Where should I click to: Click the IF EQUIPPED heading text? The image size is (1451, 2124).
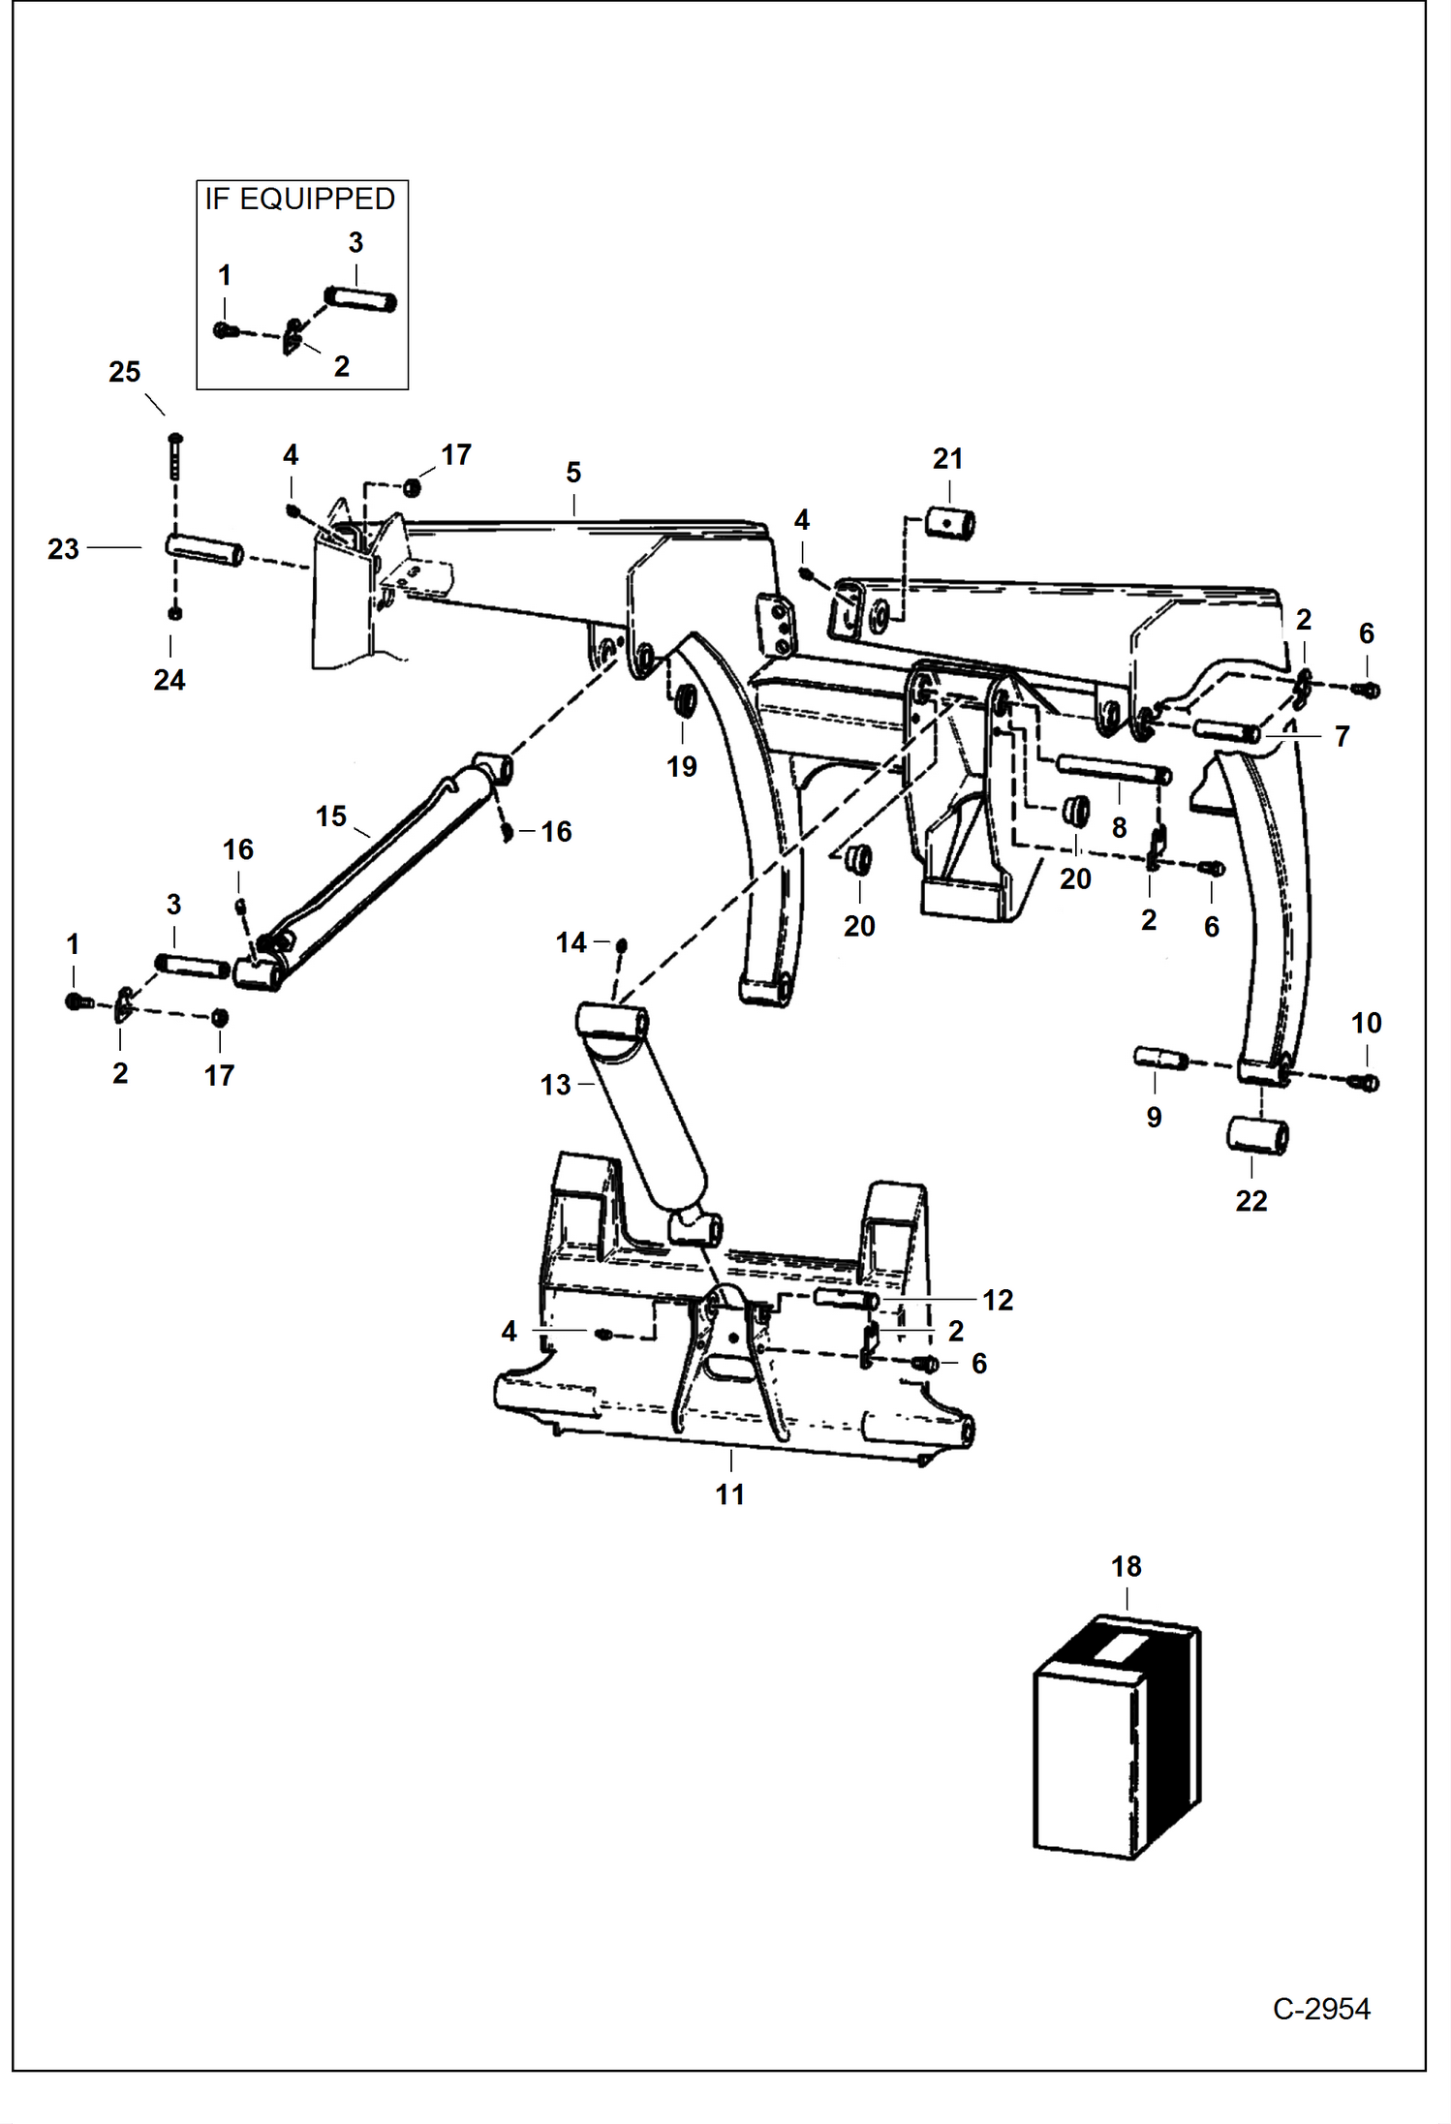pos(299,200)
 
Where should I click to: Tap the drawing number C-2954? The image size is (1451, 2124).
pos(1320,2009)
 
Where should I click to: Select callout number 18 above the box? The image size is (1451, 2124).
pos(1126,1566)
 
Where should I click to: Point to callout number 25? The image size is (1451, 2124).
pos(124,372)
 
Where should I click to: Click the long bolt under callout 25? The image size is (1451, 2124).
pos(175,455)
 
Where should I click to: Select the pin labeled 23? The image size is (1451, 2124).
pos(203,550)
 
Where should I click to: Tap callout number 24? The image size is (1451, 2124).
pos(169,680)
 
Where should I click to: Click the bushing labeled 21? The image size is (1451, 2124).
pos(949,524)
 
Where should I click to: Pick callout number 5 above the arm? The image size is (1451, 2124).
pos(573,473)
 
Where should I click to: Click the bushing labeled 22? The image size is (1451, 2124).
pos(1257,1135)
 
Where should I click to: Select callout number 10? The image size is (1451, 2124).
pos(1366,1023)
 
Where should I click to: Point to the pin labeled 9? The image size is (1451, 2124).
pos(1159,1059)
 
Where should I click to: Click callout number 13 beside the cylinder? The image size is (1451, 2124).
pos(555,1085)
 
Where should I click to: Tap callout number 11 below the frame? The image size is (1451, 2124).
pos(729,1494)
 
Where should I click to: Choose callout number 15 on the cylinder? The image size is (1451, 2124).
pos(330,816)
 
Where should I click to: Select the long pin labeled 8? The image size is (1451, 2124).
pos(1114,770)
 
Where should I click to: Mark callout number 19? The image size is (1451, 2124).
pos(681,767)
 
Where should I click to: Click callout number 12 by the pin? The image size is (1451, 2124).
pos(997,1300)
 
